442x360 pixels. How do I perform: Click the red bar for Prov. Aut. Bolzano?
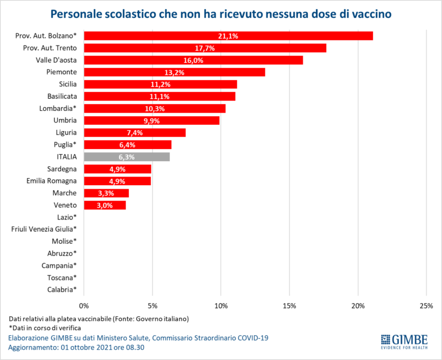(228, 36)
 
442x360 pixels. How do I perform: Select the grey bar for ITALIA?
(127, 156)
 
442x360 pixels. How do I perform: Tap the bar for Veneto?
(105, 205)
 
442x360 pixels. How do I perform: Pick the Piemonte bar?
(174, 72)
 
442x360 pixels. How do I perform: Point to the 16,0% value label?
(193, 60)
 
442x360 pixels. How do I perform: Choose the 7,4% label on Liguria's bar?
(135, 132)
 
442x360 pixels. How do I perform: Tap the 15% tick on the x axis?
(289, 305)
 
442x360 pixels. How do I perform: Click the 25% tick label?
(426, 305)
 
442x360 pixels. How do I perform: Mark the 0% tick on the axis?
(84, 305)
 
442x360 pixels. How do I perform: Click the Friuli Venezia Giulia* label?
(44, 229)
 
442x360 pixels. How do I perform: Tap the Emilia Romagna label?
(52, 181)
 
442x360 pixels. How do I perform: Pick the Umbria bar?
(152, 120)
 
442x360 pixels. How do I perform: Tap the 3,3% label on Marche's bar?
(106, 193)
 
